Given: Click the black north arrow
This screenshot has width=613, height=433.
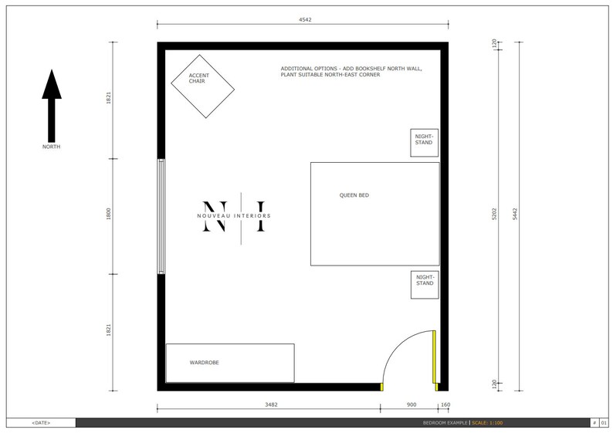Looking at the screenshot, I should point(51,103).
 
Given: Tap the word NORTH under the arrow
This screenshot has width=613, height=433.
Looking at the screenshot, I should point(51,147).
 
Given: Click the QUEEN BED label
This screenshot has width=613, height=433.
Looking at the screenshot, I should point(354,195).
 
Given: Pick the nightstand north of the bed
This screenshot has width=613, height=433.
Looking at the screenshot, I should point(424,142).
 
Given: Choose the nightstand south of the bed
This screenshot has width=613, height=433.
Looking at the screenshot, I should point(424,284).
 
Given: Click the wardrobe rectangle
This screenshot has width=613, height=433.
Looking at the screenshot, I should point(230,363).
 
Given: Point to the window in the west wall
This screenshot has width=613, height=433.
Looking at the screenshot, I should point(161,216).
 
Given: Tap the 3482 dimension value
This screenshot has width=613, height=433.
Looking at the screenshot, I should point(271,404).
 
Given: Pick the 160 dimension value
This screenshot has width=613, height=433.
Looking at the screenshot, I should point(445,404).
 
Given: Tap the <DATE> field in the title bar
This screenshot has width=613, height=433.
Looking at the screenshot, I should point(42,423).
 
